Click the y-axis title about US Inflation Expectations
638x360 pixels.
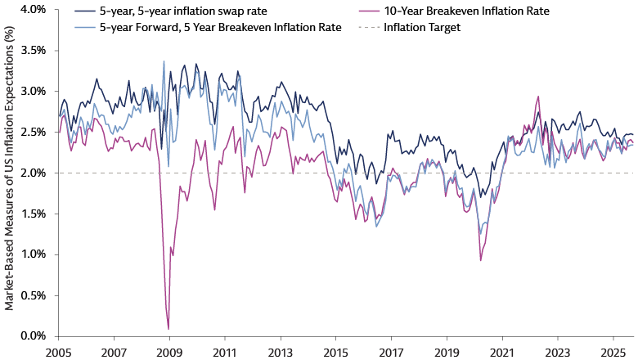click(10, 172)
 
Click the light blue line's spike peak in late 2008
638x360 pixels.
click(164, 61)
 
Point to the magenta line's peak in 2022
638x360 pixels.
click(537, 97)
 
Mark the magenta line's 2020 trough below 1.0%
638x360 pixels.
click(481, 260)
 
